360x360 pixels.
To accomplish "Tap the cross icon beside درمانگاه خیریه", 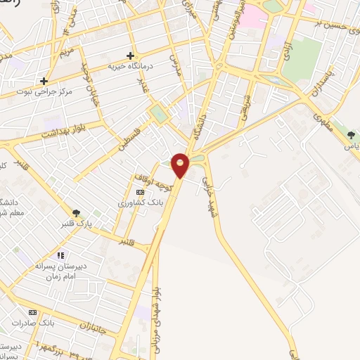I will tap(130, 56).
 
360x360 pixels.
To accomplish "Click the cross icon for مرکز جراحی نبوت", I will tap(44, 81).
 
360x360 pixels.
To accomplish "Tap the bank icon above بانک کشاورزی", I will tap(140, 192).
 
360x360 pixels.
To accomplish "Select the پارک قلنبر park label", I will tap(75, 224).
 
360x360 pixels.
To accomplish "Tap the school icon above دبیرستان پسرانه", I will tap(61, 255).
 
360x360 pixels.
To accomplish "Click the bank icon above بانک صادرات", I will tap(32, 312).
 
